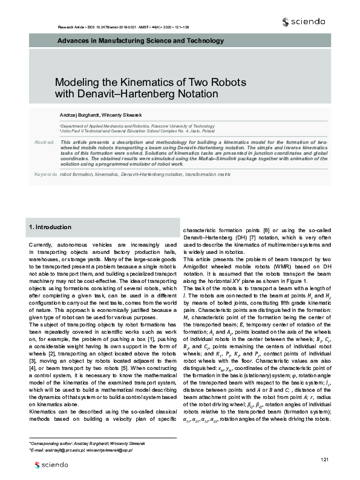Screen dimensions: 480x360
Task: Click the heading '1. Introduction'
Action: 50,227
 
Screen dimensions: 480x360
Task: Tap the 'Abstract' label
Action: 44,141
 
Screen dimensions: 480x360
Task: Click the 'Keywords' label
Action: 46,174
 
